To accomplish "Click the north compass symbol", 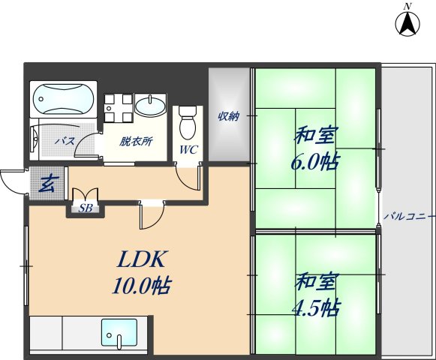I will [407, 25].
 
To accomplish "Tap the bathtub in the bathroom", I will [63, 99].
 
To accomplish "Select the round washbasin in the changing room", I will [153, 105].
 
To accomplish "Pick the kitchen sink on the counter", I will [119, 331].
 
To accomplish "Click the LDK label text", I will [141, 259].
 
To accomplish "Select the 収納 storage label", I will [228, 116].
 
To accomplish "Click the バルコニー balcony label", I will [408, 216].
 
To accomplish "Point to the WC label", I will [188, 148].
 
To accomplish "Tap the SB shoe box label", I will [86, 208].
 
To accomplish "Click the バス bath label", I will [64, 141].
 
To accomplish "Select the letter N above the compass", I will [407, 6].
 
